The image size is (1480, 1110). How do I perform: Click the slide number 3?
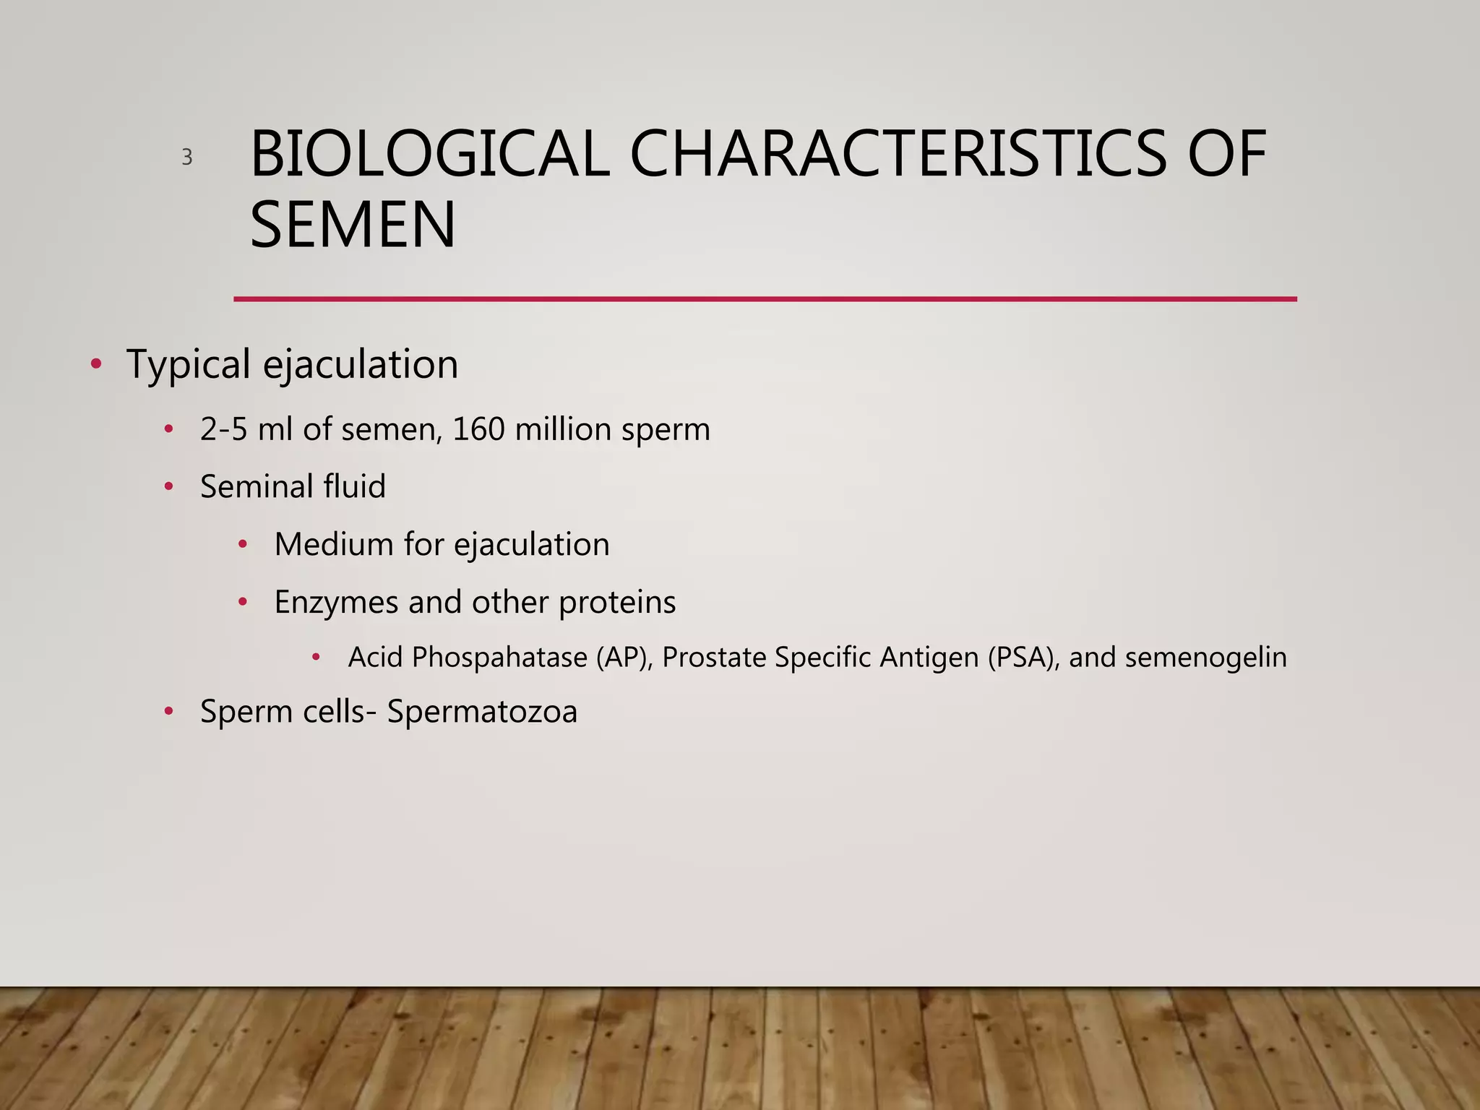pyautogui.click(x=187, y=158)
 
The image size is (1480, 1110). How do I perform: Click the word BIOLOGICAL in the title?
pyautogui.click(x=429, y=154)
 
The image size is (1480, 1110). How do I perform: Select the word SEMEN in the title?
pyautogui.click(x=353, y=225)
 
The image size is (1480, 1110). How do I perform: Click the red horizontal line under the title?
pyautogui.click(x=765, y=298)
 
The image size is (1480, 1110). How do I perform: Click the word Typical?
pyautogui.click(x=189, y=364)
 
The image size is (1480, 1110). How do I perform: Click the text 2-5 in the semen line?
pyautogui.click(x=224, y=429)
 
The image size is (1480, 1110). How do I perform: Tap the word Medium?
pyautogui.click(x=334, y=544)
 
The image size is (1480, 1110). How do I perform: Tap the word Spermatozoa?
pyautogui.click(x=482, y=712)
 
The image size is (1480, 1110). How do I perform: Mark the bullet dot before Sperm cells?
pyautogui.click(x=168, y=711)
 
